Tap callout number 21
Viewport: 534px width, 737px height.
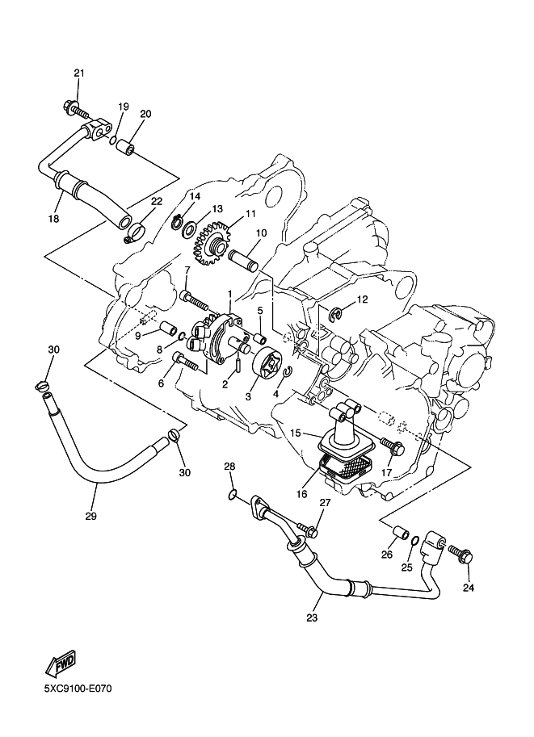[78, 74]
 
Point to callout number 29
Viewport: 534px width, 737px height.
[90, 516]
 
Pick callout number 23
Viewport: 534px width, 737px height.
[312, 618]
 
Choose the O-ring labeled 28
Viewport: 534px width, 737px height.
[232, 494]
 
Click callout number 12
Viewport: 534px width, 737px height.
[362, 299]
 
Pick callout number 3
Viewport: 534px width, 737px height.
[249, 396]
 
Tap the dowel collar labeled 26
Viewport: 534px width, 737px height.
[397, 534]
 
